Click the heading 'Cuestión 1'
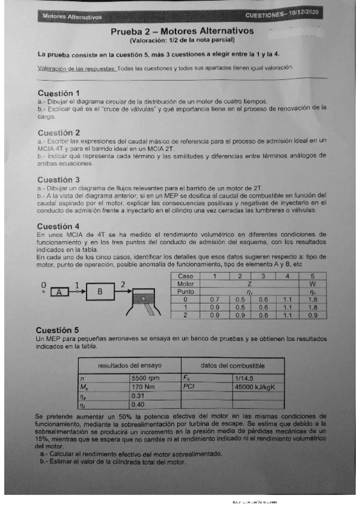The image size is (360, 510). [x=58, y=93]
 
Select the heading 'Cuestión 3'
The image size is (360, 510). [x=58, y=179]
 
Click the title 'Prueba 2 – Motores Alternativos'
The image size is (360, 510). [x=182, y=31]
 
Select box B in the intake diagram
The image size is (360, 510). [x=101, y=292]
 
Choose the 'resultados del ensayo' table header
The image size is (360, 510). [x=129, y=366]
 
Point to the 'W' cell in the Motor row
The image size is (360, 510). [x=313, y=283]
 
